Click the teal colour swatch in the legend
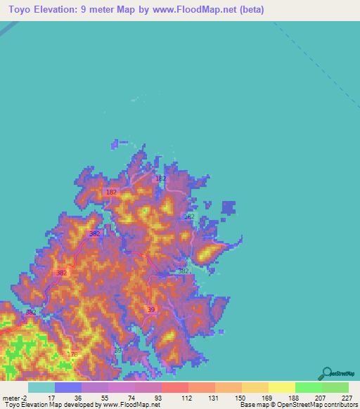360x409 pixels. (x=41, y=387)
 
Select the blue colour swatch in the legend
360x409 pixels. (x=67, y=387)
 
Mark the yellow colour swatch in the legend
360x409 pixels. (x=281, y=387)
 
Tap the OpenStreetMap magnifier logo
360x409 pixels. (x=327, y=372)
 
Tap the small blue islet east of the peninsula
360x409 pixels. (x=229, y=208)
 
